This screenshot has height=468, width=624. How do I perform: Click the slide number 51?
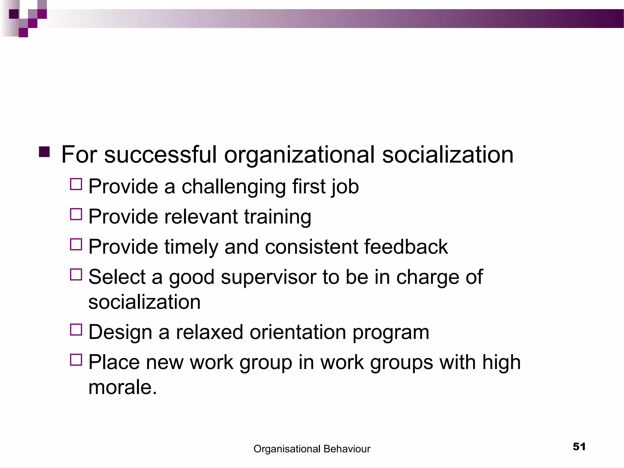579,447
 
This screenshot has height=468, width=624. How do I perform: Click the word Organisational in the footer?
287,449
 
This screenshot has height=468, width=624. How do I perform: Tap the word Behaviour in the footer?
347,449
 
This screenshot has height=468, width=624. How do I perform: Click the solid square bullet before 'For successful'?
44,152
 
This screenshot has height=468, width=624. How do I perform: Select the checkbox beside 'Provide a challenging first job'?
76,184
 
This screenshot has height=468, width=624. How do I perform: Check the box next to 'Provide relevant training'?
76,214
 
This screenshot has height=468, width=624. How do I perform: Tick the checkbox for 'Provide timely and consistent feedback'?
76,244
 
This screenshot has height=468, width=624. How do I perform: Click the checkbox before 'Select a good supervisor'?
76,274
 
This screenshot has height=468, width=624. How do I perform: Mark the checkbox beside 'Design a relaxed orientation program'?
76,330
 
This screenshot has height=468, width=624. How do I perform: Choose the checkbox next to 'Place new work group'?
76,360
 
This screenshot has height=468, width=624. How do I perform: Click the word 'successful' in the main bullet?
160,155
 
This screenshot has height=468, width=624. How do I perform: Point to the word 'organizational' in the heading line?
299,155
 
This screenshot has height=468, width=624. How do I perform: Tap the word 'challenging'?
234,187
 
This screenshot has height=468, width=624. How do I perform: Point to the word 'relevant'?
200,217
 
